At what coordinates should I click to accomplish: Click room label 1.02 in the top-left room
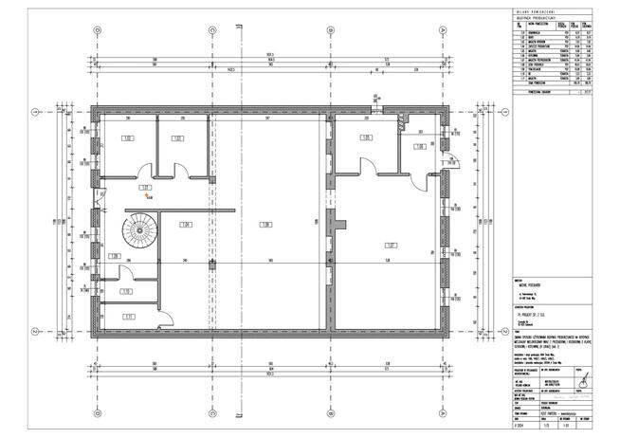127,139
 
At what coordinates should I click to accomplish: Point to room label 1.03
177,139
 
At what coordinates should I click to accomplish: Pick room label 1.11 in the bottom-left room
127,317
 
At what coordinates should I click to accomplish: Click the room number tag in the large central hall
267,224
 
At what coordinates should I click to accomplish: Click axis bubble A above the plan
98,27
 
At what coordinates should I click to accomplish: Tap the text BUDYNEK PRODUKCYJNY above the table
531,18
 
